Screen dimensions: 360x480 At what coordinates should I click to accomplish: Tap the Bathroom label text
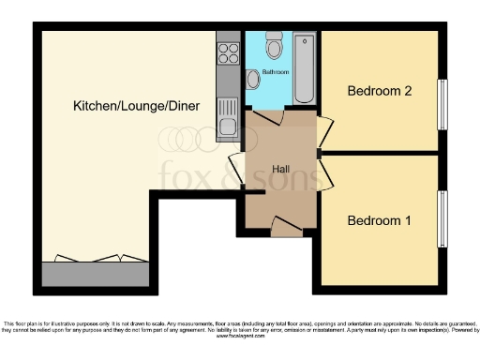click(275, 71)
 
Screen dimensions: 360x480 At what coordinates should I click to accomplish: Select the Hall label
click(280, 169)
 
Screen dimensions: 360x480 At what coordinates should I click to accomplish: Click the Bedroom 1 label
click(379, 221)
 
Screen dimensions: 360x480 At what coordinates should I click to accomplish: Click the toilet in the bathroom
click(274, 45)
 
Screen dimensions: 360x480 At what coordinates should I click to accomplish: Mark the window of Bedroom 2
click(442, 103)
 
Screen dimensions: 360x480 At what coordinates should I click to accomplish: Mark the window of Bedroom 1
click(442, 218)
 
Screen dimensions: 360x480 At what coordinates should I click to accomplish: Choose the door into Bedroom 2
click(324, 130)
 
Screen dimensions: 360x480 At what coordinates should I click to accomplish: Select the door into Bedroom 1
click(324, 174)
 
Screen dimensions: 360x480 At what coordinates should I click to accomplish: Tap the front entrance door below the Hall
click(286, 223)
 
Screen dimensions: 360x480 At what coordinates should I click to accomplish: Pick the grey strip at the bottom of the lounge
click(95, 274)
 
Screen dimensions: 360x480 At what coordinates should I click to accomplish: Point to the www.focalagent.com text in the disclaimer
click(241, 336)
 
